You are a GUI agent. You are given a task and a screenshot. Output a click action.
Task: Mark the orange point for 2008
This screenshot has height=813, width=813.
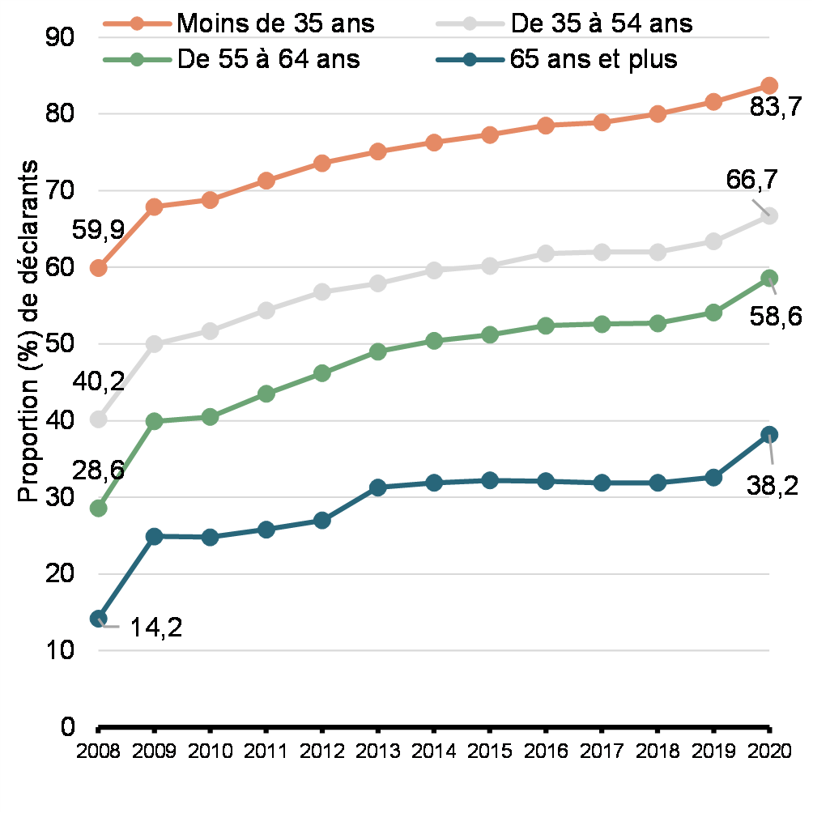[x=99, y=268]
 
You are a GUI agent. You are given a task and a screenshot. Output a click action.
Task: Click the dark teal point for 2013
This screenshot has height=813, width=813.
[x=377, y=487]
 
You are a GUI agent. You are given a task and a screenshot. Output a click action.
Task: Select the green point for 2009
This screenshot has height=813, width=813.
[x=155, y=421]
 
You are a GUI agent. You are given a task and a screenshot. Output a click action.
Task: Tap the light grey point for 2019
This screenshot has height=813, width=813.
[x=713, y=241]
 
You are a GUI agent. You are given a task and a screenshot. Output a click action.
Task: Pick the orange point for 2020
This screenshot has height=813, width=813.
[x=769, y=86]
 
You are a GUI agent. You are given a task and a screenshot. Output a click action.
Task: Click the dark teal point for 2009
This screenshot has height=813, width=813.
[x=155, y=536]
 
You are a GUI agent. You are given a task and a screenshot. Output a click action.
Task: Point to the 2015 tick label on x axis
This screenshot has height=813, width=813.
[x=489, y=750]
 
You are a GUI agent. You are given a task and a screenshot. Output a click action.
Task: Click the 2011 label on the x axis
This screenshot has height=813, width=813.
[x=266, y=750]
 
